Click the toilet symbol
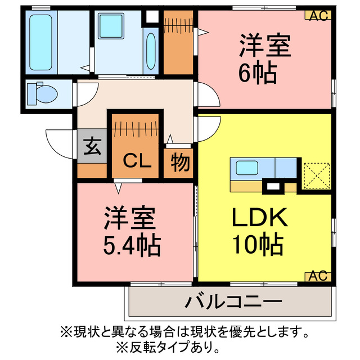point(41,93)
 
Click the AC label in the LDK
point(318,276)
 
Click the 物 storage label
point(179,163)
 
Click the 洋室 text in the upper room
point(265,46)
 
